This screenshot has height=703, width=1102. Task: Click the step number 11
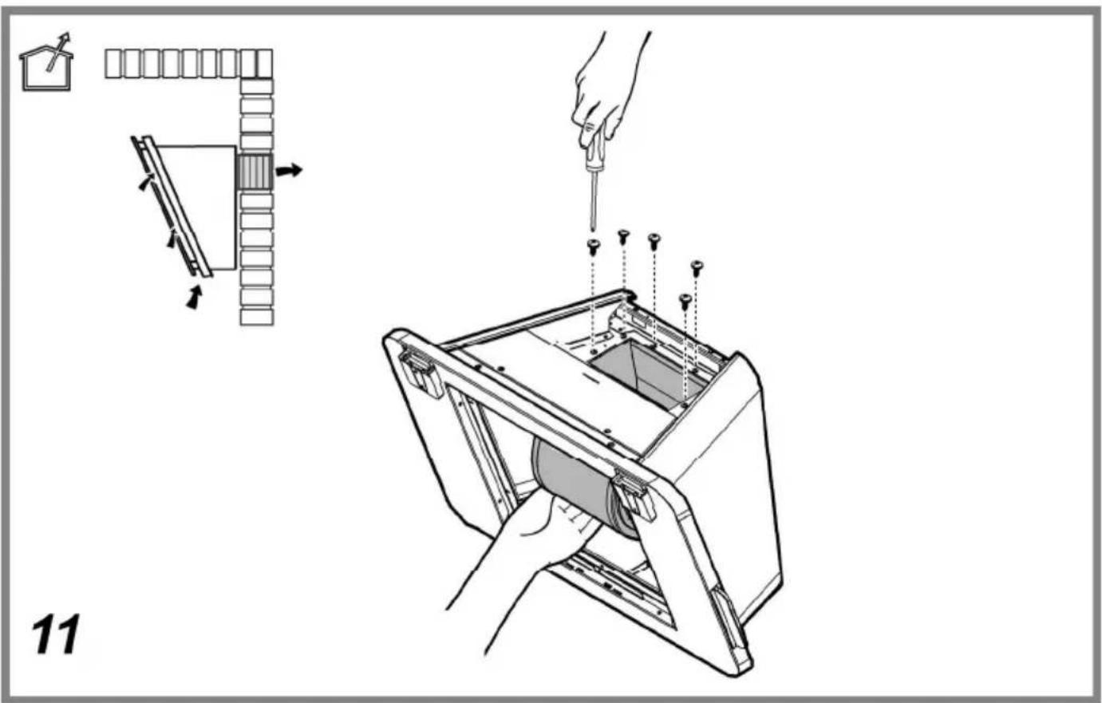[55, 634]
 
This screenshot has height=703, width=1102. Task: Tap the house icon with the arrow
[46, 63]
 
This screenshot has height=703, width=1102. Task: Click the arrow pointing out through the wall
[288, 170]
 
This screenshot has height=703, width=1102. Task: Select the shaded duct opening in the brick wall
[254, 172]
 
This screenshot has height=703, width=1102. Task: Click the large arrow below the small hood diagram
[195, 298]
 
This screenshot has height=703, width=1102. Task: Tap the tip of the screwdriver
[593, 230]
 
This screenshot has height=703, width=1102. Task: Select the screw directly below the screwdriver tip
[594, 247]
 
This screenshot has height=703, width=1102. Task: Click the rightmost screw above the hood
[697, 267]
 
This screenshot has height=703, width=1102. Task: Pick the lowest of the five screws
[685, 302]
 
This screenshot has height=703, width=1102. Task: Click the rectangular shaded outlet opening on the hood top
[645, 374]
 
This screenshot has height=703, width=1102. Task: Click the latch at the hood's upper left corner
[418, 371]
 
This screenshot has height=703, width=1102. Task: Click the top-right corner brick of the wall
[256, 64]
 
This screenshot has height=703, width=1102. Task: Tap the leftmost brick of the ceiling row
[113, 64]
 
